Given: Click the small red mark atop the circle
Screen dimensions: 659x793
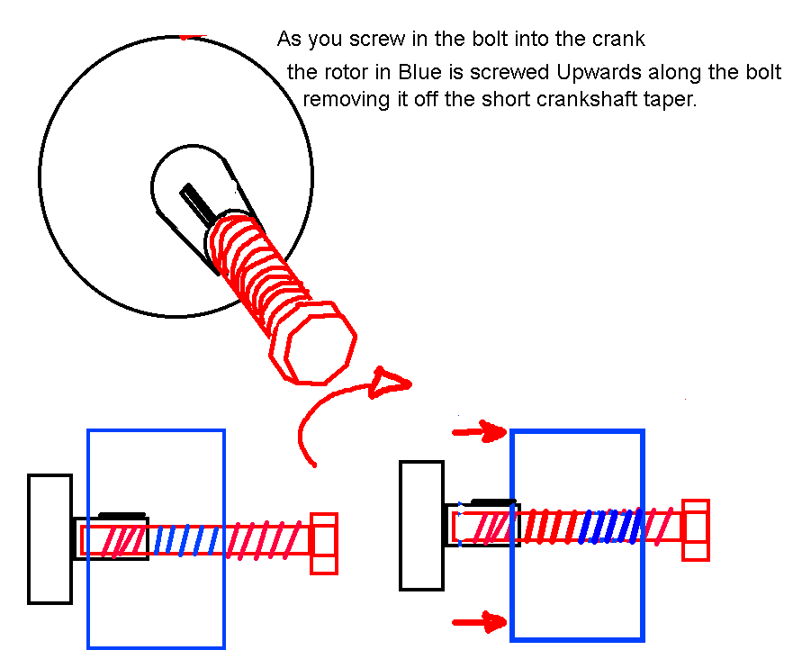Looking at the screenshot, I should pos(191,37).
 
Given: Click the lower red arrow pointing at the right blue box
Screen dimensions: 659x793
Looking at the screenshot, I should pos(479,619).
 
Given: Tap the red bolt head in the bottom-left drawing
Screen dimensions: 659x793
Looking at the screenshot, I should pos(324,543).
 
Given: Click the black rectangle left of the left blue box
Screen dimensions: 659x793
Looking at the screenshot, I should pos(50,538).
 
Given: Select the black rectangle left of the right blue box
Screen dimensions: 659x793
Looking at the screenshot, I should pos(422,525).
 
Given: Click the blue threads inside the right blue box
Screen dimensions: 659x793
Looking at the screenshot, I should pos(609,526).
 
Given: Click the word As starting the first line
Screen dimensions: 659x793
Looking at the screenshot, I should pos(289,40).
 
